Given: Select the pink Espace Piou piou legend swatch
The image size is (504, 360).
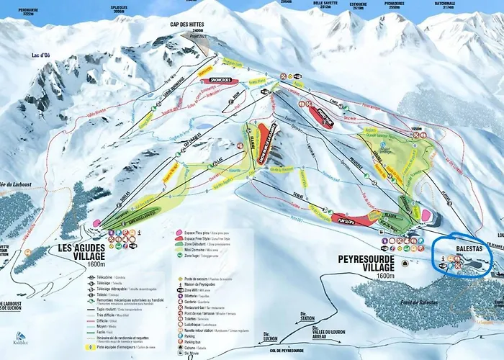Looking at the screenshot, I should coord(178,235).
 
